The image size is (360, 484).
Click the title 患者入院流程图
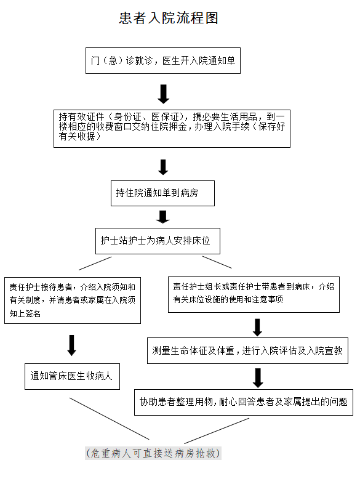tap(169, 18)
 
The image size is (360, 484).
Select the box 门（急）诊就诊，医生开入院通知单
tap(163, 60)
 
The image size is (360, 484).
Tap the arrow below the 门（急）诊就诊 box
tap(163, 94)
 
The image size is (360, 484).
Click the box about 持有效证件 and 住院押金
tap(172, 129)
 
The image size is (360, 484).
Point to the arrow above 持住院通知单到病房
tap(163, 167)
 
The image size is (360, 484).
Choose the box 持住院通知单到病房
tap(162, 193)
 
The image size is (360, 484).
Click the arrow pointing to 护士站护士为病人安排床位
tap(162, 217)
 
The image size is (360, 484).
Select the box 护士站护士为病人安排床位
tap(158, 241)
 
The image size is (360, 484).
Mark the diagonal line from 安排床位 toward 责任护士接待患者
tap(95, 264)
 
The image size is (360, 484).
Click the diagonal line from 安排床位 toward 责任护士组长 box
tap(217, 262)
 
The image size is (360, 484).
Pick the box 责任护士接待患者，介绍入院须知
tap(73, 300)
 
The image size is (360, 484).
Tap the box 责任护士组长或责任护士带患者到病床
tap(254, 294)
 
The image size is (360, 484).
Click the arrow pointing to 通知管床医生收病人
tap(71, 345)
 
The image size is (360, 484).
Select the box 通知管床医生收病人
tap(72, 376)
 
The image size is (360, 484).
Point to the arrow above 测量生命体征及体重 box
tap(257, 328)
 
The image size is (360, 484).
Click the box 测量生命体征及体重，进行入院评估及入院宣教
tap(247, 350)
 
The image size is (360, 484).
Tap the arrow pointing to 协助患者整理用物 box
tap(258, 378)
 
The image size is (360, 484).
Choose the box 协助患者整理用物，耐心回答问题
tap(244, 402)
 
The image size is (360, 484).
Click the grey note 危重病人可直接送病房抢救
tap(153, 453)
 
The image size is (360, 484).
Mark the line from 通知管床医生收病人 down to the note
tap(110, 419)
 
